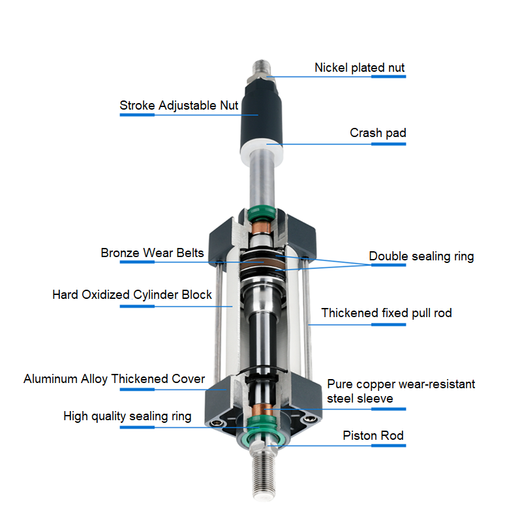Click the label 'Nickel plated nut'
click(x=360, y=68)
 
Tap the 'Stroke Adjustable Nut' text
click(x=179, y=106)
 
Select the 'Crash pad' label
click(x=378, y=133)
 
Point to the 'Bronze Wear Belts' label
click(x=152, y=253)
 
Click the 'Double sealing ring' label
click(x=421, y=256)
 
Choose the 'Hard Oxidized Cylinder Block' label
click(x=132, y=295)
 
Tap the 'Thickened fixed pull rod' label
click(x=386, y=313)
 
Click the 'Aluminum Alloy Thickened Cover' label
click(x=114, y=379)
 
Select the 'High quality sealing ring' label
click(x=127, y=416)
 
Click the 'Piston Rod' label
click(x=373, y=435)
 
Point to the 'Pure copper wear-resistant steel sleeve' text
click(x=401, y=391)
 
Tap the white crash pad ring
click(x=262, y=153)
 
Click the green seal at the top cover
click(x=262, y=214)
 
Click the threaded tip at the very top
click(x=262, y=68)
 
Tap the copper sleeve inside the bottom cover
click(x=262, y=410)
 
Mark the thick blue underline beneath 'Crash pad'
click(x=388, y=144)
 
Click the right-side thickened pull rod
click(x=307, y=320)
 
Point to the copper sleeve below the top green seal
click(x=262, y=228)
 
